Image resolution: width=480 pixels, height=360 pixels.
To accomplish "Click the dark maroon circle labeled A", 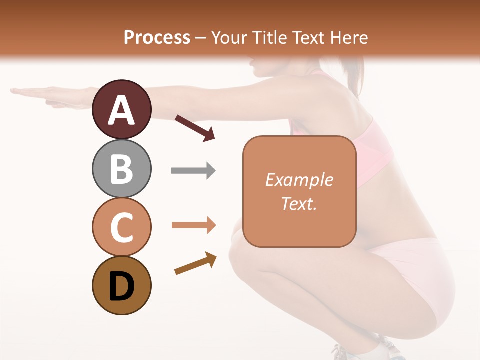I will point(121,109).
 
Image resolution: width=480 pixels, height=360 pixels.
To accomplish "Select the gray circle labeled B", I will point(121,168).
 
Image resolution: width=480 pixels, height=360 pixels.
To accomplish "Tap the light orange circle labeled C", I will point(121,227).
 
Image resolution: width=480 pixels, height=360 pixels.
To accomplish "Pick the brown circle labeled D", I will point(121,286).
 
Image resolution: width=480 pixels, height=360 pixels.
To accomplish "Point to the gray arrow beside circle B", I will point(193,171).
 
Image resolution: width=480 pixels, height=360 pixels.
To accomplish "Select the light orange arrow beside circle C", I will point(193,225).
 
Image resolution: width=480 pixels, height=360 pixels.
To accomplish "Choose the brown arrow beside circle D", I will point(195,263).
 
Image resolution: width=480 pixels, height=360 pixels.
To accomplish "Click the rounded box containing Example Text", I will point(299,191).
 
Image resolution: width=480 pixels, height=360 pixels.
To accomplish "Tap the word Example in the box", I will point(299,180).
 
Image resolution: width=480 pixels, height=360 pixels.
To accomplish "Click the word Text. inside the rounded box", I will point(299,204).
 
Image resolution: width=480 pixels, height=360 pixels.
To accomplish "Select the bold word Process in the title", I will point(157,37).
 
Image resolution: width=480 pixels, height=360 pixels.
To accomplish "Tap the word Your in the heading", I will point(227,37).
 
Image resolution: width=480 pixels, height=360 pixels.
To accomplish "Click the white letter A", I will point(121,110).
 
